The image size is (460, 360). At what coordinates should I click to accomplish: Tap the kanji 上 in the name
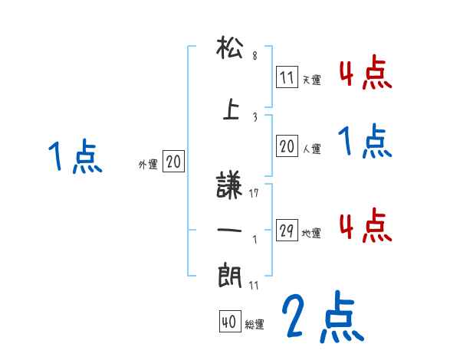click(229, 110)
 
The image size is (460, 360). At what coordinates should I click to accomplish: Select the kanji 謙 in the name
click(229, 187)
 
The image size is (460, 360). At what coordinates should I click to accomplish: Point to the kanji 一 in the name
click(229, 230)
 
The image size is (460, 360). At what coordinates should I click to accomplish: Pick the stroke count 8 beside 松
click(255, 56)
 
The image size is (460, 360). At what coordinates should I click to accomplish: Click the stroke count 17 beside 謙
click(255, 193)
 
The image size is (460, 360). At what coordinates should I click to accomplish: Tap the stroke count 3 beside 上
click(255, 116)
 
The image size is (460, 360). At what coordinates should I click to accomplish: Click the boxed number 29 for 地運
click(287, 230)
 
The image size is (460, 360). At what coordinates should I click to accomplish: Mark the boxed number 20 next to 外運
click(173, 162)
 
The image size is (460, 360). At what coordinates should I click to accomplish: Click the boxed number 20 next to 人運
click(287, 148)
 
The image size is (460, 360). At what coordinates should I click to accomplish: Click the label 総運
click(255, 325)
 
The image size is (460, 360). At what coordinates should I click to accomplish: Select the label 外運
click(148, 165)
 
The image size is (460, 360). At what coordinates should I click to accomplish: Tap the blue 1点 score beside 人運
click(365, 142)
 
